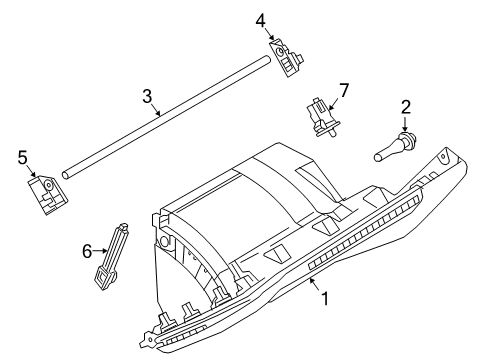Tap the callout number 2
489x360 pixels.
(x=406, y=106)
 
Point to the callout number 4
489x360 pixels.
(x=260, y=19)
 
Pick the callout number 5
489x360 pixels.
(x=21, y=156)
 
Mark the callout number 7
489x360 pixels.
(x=344, y=92)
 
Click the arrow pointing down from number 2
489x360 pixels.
(x=406, y=124)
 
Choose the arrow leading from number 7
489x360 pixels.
(x=332, y=100)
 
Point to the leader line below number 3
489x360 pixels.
(x=154, y=108)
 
